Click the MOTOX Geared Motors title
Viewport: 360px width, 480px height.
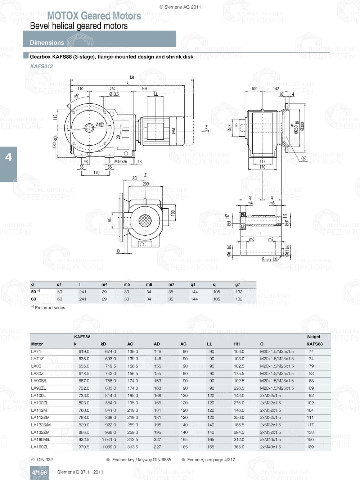tap(94, 16)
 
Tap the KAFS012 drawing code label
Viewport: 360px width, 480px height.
tap(41, 66)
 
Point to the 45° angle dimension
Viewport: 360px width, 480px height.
tap(77, 96)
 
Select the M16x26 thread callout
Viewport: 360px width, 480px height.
tap(121, 162)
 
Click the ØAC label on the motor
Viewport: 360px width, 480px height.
tap(174, 130)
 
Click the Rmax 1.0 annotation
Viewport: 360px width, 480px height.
tap(269, 259)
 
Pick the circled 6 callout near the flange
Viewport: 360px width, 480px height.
tap(304, 158)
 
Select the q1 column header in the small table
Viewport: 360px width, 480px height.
tap(193, 284)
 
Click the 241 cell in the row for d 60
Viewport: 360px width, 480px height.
tap(83, 299)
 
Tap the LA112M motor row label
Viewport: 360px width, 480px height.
tap(39, 410)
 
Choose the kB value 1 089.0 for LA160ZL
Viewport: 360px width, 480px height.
tap(108, 447)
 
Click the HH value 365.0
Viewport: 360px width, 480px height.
tap(239, 447)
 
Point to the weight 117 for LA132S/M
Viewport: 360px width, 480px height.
tap(310, 425)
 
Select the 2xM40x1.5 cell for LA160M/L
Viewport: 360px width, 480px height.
tap(270, 439)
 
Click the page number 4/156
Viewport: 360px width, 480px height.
tap(39, 472)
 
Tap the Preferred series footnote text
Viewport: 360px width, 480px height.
tap(50, 308)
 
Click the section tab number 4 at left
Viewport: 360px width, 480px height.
tap(8, 157)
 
